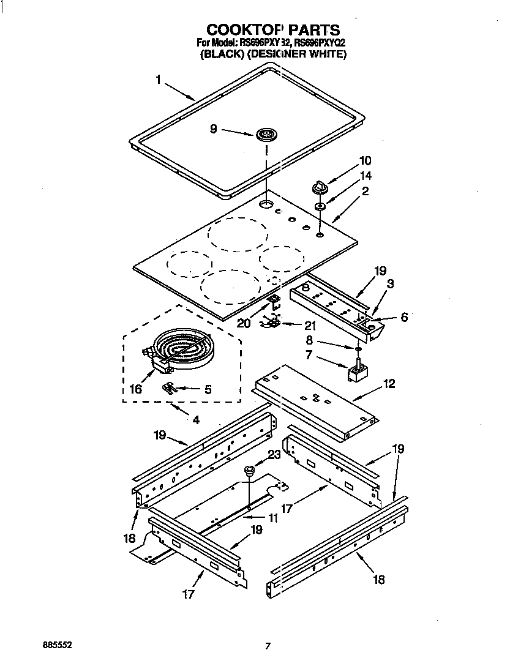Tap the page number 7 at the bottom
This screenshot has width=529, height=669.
pyautogui.click(x=268, y=646)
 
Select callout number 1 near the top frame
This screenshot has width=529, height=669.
pyautogui.click(x=158, y=80)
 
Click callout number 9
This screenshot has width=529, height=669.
pyautogui.click(x=213, y=129)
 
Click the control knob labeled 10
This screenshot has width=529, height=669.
pyautogui.click(x=321, y=184)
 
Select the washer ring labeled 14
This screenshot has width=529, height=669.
pyautogui.click(x=320, y=207)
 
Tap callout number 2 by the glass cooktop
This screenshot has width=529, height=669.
pyautogui.click(x=365, y=191)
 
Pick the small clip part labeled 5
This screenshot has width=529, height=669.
pyautogui.click(x=170, y=387)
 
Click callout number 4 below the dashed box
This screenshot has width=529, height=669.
pyautogui.click(x=196, y=420)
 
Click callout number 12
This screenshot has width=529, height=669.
pyautogui.click(x=389, y=384)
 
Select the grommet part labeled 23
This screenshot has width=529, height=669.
pyautogui.click(x=250, y=470)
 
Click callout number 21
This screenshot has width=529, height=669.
pyautogui.click(x=310, y=326)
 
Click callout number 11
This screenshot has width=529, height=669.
pyautogui.click(x=272, y=517)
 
